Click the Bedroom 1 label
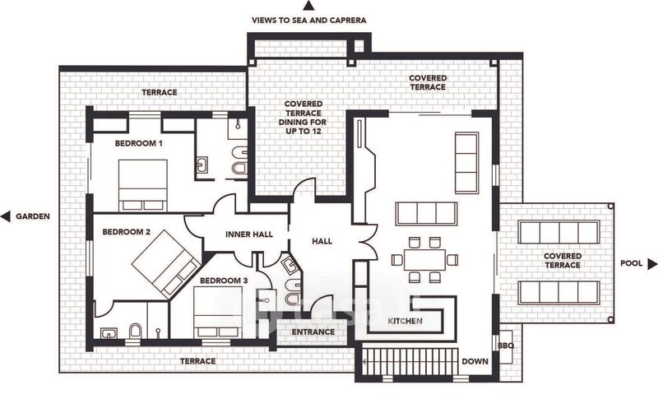(138, 143)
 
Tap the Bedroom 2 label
(126, 232)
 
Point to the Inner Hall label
(250, 235)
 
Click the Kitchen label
(405, 320)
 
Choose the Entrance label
(313, 332)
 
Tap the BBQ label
(507, 346)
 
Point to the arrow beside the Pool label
(652, 264)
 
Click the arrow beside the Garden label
(6, 216)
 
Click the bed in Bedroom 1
(143, 185)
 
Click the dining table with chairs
(424, 259)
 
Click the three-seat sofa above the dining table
(426, 213)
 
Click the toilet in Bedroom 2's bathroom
(136, 331)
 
